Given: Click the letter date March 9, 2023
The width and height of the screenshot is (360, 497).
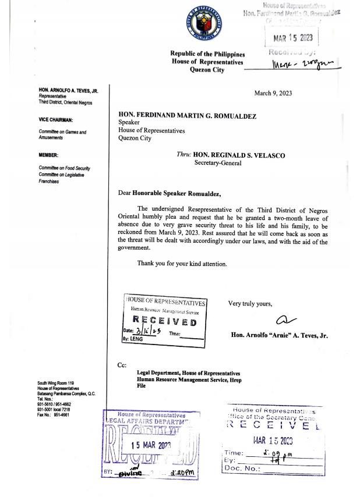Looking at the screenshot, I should (x=274, y=93).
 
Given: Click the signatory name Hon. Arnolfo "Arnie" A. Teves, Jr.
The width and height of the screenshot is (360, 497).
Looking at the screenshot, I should (x=280, y=336).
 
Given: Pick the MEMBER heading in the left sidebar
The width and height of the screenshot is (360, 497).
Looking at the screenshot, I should (x=48, y=155).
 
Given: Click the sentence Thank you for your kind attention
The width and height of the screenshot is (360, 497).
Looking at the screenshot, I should (x=182, y=264).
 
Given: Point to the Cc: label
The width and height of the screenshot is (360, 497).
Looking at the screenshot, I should (x=122, y=365).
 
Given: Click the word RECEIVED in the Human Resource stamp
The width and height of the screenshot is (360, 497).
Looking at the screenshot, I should (x=165, y=322).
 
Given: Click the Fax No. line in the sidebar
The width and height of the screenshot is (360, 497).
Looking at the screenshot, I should (x=52, y=415).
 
